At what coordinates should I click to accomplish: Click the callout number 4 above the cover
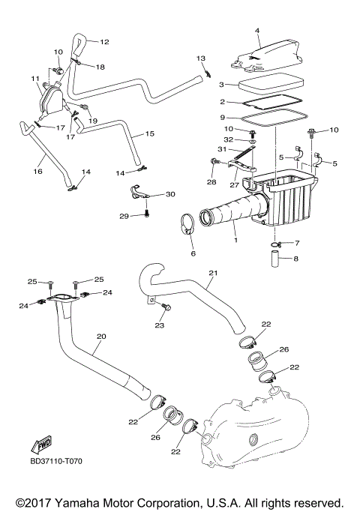[256, 31]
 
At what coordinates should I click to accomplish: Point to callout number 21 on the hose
[212, 272]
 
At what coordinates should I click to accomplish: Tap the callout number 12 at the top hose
[104, 42]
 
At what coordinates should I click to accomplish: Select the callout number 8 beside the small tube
[295, 259]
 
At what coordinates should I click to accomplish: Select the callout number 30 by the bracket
[170, 194]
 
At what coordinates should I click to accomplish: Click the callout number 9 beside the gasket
[222, 117]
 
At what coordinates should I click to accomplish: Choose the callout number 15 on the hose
[149, 133]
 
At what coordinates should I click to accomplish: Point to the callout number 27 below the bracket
[233, 184]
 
